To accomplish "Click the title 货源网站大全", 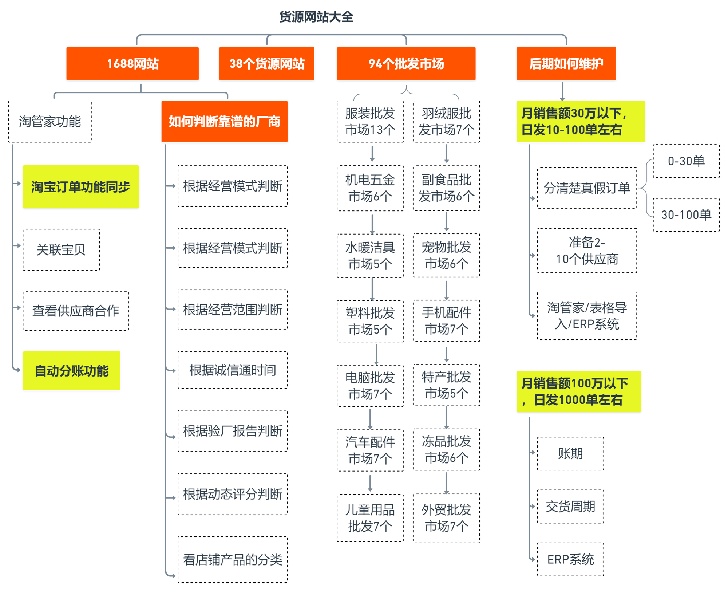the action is [x=316, y=17].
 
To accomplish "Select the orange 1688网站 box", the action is [x=132, y=63].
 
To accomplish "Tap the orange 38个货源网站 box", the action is [x=267, y=63].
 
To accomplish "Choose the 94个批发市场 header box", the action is [x=406, y=63].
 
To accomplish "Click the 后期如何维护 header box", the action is [x=566, y=63].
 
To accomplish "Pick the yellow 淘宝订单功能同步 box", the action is [x=81, y=187].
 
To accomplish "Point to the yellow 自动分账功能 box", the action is [x=72, y=371].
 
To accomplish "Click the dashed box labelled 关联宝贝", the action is [x=61, y=250].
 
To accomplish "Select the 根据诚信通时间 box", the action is [x=233, y=370].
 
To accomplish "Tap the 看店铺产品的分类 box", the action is [x=233, y=560].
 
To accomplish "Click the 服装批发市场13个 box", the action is [x=370, y=122].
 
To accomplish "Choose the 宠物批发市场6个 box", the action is [x=447, y=255].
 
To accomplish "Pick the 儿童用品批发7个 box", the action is [x=370, y=518].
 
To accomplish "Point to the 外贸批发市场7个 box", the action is [x=447, y=518].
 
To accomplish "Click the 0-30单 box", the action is [x=686, y=161].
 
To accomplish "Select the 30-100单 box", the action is [x=686, y=215].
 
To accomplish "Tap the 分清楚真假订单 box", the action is [x=587, y=188].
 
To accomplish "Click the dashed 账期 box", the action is [x=570, y=454].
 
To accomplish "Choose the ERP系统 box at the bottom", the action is [x=570, y=559].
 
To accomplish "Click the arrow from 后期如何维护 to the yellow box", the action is [x=562, y=92].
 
